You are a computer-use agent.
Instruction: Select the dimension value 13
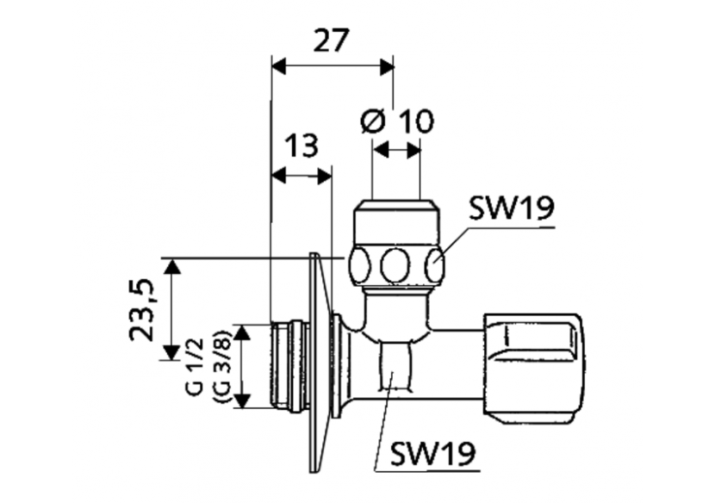point(302,146)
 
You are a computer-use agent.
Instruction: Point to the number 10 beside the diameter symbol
point(415,122)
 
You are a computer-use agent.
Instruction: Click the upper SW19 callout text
point(512,209)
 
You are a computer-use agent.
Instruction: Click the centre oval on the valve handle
point(397,265)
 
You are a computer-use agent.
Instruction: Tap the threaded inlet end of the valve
point(287,366)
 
